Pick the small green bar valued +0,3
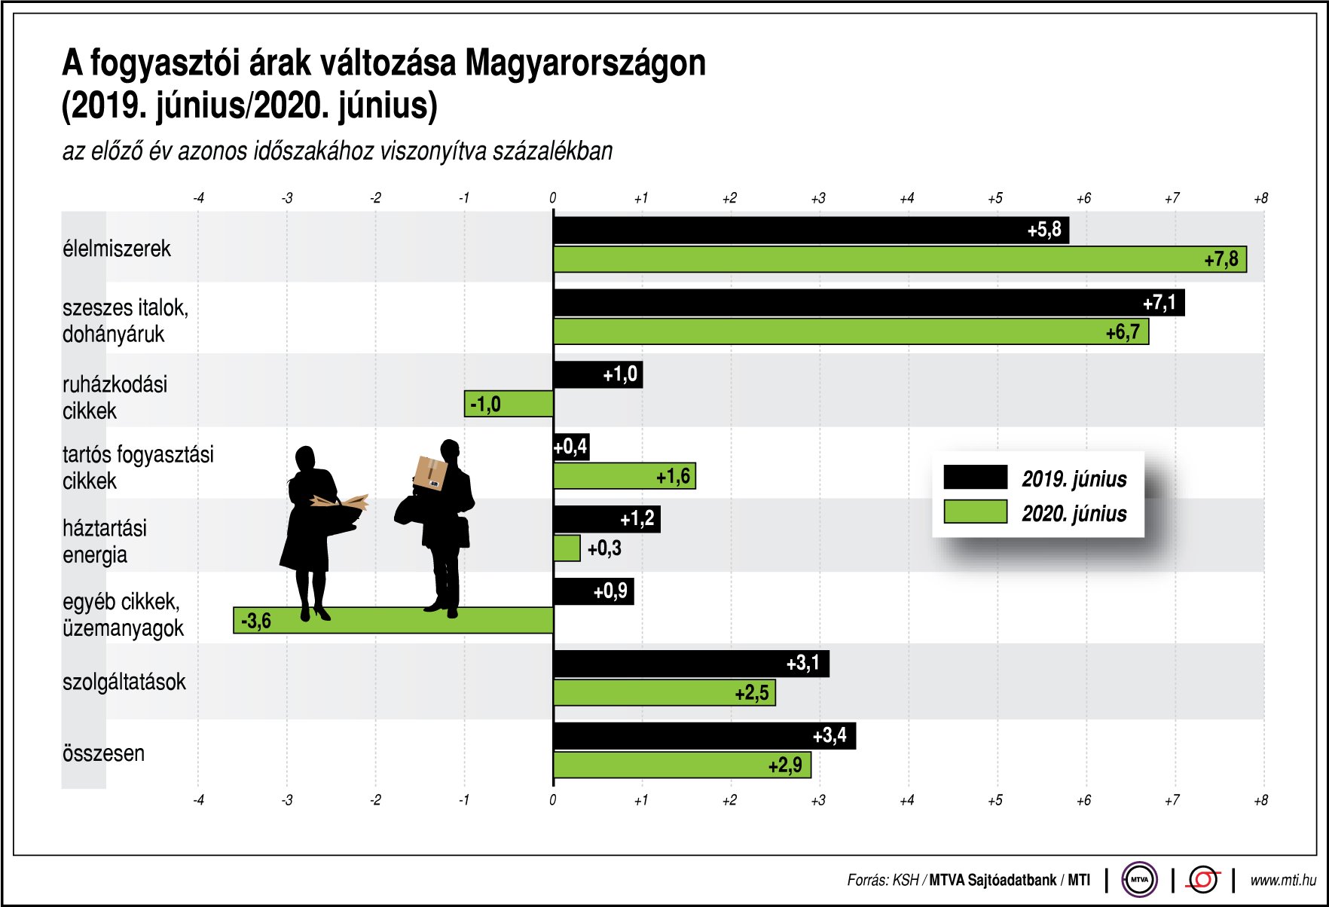pyautogui.click(x=567, y=548)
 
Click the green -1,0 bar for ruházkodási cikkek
pyautogui.click(x=509, y=404)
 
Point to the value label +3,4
pyautogui.click(x=829, y=735)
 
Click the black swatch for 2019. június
pyautogui.click(x=975, y=478)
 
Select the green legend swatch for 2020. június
pyautogui.click(x=975, y=512)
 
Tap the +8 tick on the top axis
pyautogui.click(x=1260, y=198)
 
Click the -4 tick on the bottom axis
pyautogui.click(x=198, y=800)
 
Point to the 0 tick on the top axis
pyautogui.click(x=553, y=198)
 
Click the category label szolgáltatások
pyautogui.click(x=124, y=683)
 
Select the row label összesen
pyautogui.click(x=104, y=753)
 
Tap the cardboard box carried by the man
pyautogui.click(x=430, y=473)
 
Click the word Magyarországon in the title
pyautogui.click(x=585, y=63)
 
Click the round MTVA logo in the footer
pyautogui.click(x=1139, y=879)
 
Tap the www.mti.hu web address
pyautogui.click(x=1282, y=880)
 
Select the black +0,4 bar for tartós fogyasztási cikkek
pyautogui.click(x=570, y=447)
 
